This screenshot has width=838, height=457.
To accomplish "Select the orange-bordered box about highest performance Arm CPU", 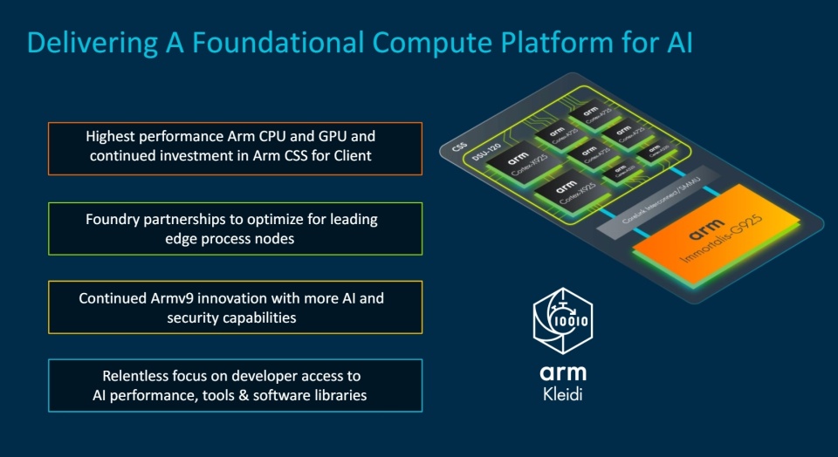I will point(235,147).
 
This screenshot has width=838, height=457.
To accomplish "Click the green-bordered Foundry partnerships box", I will point(235,228).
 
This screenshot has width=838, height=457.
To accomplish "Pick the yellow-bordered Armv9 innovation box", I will point(235,307).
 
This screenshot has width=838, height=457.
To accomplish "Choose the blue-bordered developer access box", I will point(235,385).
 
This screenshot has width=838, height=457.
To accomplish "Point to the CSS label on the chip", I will point(460,147).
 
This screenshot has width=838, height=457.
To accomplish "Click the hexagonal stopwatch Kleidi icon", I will point(562,320).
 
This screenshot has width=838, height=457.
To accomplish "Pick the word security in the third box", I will point(197,317).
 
